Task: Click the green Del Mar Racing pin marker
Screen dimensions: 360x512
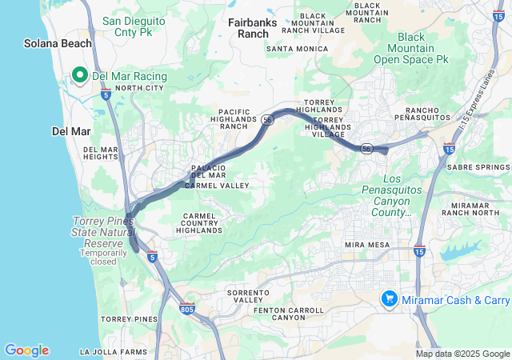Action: tap(80, 75)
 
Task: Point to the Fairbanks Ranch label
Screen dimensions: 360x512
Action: tap(253, 28)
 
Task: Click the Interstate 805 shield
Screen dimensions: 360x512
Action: tap(187, 309)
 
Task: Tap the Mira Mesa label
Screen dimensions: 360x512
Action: tap(366, 244)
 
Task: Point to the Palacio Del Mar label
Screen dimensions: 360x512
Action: tap(209, 171)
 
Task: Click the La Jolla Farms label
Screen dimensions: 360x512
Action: tap(113, 352)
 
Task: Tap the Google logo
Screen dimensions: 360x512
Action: tap(26, 350)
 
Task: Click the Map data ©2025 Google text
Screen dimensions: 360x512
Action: tap(462, 354)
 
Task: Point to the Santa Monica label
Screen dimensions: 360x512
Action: tap(297, 49)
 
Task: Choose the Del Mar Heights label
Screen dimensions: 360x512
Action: tap(101, 154)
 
